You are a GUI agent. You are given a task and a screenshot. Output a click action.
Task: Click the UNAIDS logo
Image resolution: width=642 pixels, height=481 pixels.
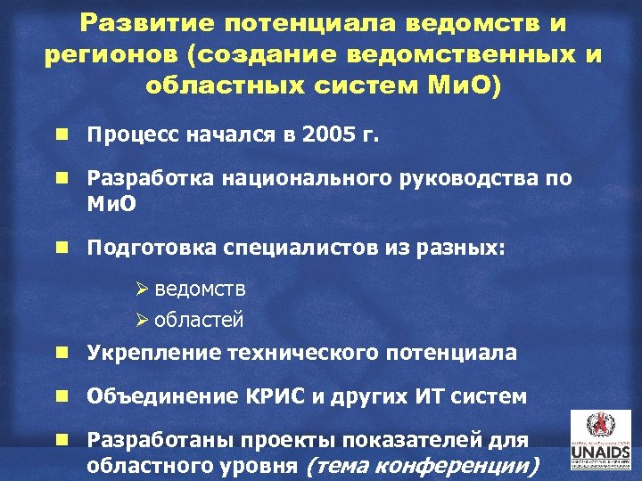598,441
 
